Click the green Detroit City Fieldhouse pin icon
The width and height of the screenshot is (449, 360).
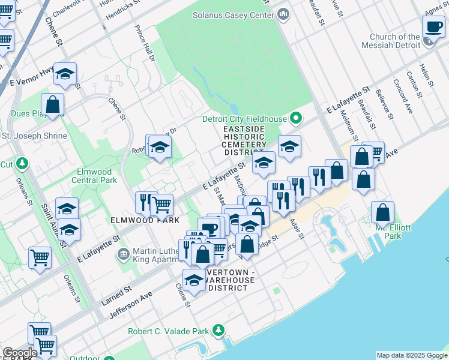point(295,118)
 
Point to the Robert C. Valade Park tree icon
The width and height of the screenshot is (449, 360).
point(219,331)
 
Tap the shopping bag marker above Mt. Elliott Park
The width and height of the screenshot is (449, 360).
point(382,212)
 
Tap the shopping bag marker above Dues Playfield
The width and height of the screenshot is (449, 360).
point(53,104)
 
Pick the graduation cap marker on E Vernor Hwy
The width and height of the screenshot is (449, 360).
point(65,74)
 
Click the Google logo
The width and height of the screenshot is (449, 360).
point(20,353)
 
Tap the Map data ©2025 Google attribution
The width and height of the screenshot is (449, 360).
point(411,355)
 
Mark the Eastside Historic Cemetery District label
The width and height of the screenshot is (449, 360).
point(244,140)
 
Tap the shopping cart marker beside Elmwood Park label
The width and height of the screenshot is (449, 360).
point(161,205)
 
